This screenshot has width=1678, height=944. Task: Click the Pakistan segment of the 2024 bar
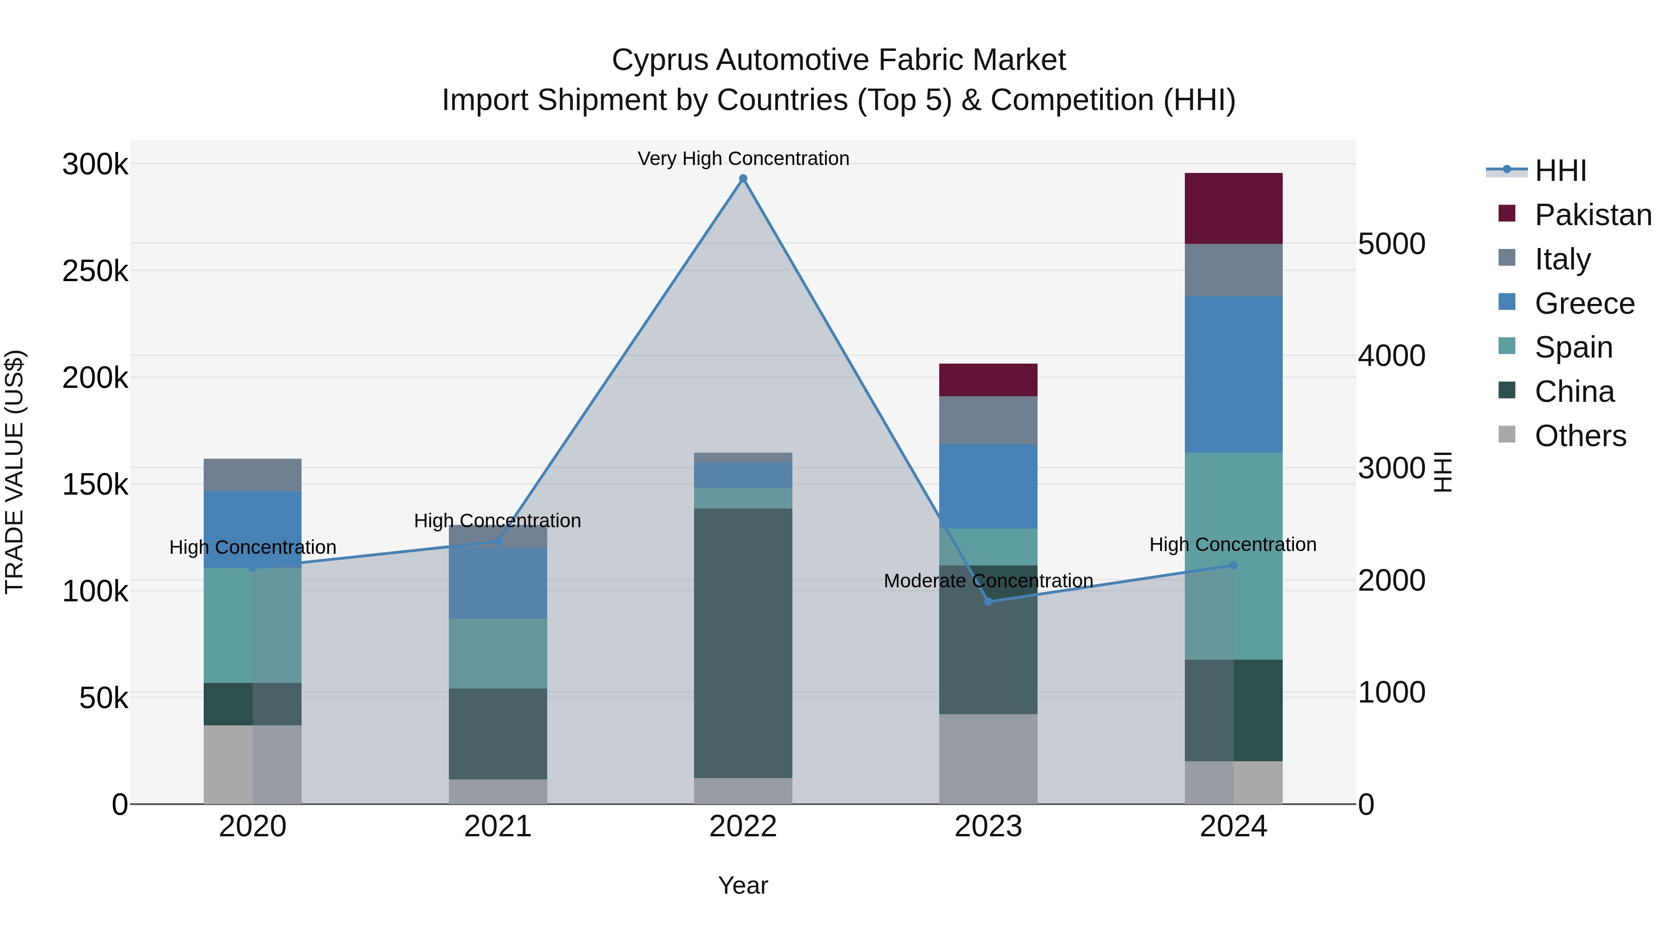pyautogui.click(x=1233, y=208)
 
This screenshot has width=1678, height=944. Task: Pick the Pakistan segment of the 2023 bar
pyautogui.click(x=988, y=380)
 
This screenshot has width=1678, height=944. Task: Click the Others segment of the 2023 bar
pyautogui.click(x=988, y=758)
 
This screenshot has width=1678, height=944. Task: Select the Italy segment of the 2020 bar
pyautogui.click(x=252, y=475)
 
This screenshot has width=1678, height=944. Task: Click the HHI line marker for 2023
pyautogui.click(x=988, y=601)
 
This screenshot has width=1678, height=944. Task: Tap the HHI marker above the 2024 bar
pyautogui.click(x=1233, y=565)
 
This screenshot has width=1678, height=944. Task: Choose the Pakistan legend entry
pyautogui.click(x=1592, y=215)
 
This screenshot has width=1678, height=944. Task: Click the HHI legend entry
pyautogui.click(x=1560, y=171)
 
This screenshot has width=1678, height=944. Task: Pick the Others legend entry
pyautogui.click(x=1580, y=436)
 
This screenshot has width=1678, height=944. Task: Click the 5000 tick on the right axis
pyautogui.click(x=1391, y=244)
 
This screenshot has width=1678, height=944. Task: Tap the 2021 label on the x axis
pyautogui.click(x=498, y=827)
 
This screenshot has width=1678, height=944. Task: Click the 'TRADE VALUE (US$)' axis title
pyautogui.click(x=14, y=472)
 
